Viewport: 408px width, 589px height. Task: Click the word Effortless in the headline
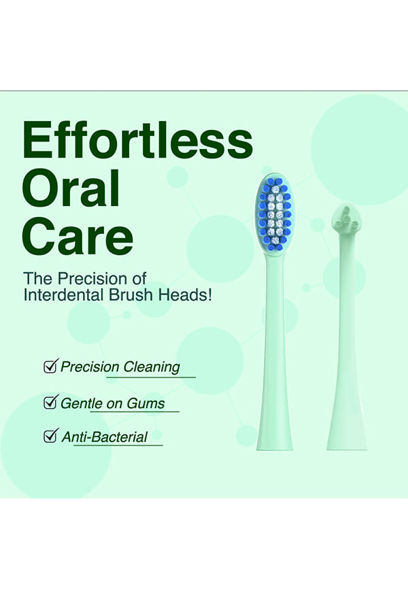(x=137, y=139)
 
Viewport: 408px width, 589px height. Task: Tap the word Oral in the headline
(x=71, y=188)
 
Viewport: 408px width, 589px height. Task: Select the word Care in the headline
(x=78, y=236)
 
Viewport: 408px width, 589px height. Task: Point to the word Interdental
(x=63, y=295)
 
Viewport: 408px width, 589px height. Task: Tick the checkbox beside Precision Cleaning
(x=51, y=366)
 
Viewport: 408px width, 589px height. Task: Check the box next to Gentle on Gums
(x=51, y=402)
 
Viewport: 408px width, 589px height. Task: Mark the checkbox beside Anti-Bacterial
(x=51, y=436)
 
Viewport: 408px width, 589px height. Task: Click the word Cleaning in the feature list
(x=152, y=367)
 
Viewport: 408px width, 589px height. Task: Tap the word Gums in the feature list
(x=146, y=403)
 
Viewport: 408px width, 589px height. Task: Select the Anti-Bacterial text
(x=105, y=437)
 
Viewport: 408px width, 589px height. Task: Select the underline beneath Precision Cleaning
(x=151, y=377)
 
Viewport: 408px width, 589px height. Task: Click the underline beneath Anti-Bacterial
(x=118, y=445)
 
